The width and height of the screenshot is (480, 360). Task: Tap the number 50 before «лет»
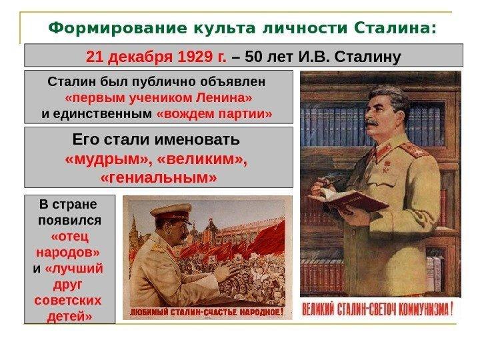[253, 57]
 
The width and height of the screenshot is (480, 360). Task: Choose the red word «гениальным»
[159, 177]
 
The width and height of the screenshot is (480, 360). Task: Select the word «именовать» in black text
[197, 140]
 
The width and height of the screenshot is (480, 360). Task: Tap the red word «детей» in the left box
[69, 315]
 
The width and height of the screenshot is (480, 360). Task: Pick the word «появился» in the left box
[69, 221]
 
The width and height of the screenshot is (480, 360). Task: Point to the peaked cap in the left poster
[171, 213]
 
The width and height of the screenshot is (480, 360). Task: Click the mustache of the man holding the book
[371, 123]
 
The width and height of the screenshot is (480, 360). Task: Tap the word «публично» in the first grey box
[163, 82]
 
